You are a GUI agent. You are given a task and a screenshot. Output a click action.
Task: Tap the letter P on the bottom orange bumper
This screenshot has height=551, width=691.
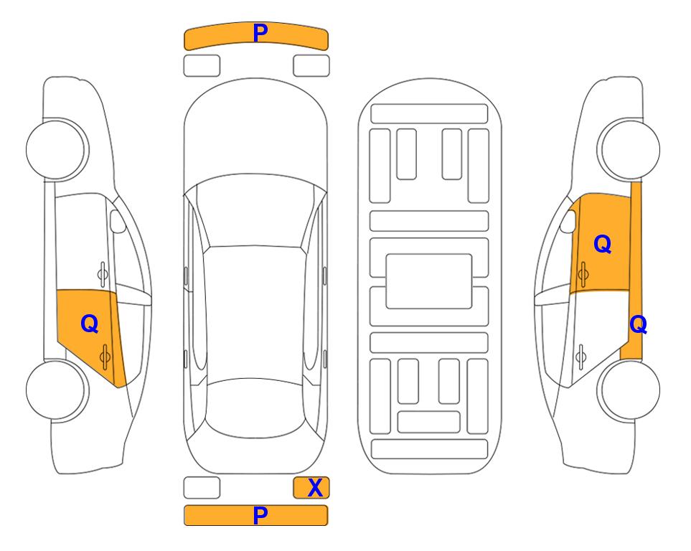pyautogui.click(x=260, y=515)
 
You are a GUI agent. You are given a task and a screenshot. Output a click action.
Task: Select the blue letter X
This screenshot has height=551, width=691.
pyautogui.click(x=315, y=488)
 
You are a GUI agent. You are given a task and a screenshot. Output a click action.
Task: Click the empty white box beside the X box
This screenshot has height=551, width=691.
pyautogui.click(x=202, y=488)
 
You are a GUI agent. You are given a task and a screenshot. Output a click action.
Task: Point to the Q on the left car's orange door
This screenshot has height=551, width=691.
pyautogui.click(x=90, y=324)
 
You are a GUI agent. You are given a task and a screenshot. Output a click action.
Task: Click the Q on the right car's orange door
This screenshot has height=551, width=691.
pyautogui.click(x=603, y=244)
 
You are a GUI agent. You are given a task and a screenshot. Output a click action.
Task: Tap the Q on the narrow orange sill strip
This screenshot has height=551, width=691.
pyautogui.click(x=638, y=324)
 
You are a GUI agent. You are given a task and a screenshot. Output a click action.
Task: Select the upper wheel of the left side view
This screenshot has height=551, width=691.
pyautogui.click(x=57, y=149)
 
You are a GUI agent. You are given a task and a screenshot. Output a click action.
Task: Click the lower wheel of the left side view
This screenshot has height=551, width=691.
pyautogui.click(x=56, y=390)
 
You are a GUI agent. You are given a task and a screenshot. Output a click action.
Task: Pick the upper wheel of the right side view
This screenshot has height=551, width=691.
pyautogui.click(x=629, y=149)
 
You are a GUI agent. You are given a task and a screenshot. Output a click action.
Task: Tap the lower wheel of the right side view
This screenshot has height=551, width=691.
pyautogui.click(x=629, y=390)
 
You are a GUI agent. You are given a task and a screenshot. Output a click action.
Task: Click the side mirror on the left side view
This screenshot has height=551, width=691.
pyautogui.click(x=118, y=221)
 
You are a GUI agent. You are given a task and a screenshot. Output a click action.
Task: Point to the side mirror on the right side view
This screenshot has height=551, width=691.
pyautogui.click(x=568, y=221)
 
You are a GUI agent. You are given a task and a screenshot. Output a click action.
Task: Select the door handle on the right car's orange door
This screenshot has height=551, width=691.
pyautogui.click(x=583, y=274)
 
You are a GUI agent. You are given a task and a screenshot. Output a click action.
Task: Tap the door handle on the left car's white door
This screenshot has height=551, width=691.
pyautogui.click(x=102, y=274)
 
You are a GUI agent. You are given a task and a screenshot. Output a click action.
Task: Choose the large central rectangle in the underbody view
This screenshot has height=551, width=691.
pyautogui.click(x=429, y=281)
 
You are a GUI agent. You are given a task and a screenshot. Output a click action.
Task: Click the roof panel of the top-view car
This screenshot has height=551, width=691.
pyautogui.click(x=254, y=311)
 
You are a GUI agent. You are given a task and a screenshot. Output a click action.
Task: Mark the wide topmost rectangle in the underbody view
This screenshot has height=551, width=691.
pyautogui.click(x=429, y=114)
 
